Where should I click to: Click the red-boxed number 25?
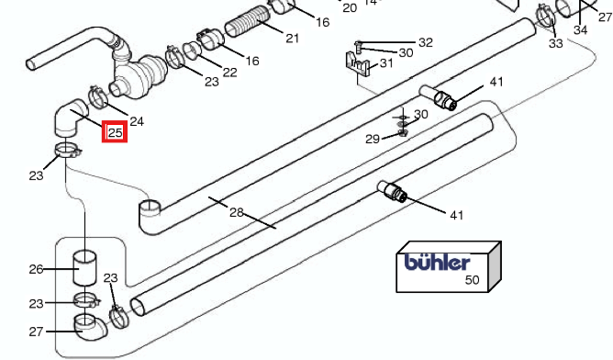pyautogui.click(x=115, y=132)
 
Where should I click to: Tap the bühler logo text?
pyautogui.click(x=437, y=262)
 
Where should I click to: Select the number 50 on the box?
pyautogui.click(x=473, y=280)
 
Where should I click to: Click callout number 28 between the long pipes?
pyautogui.click(x=237, y=212)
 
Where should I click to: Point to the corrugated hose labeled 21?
pyautogui.click(x=248, y=21)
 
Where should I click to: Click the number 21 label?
pyautogui.click(x=293, y=39)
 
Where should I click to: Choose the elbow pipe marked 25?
pyautogui.click(x=71, y=118)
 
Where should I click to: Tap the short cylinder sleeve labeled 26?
pyautogui.click(x=84, y=268)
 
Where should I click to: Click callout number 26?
pyautogui.click(x=36, y=269)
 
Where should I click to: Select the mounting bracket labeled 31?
pyautogui.click(x=357, y=63)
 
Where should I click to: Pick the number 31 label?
pyautogui.click(x=386, y=62)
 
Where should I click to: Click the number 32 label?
pyautogui.click(x=426, y=42)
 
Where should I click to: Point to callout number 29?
pyautogui.click(x=373, y=139)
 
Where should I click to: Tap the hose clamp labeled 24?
pyautogui.click(x=98, y=97)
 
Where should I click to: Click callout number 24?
pyautogui.click(x=137, y=121)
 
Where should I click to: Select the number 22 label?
pyautogui.click(x=229, y=72)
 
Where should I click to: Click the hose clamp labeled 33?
pyautogui.click(x=545, y=15)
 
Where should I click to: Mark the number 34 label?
pyautogui.click(x=581, y=29)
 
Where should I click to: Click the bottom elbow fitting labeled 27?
pyautogui.click(x=90, y=326)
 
